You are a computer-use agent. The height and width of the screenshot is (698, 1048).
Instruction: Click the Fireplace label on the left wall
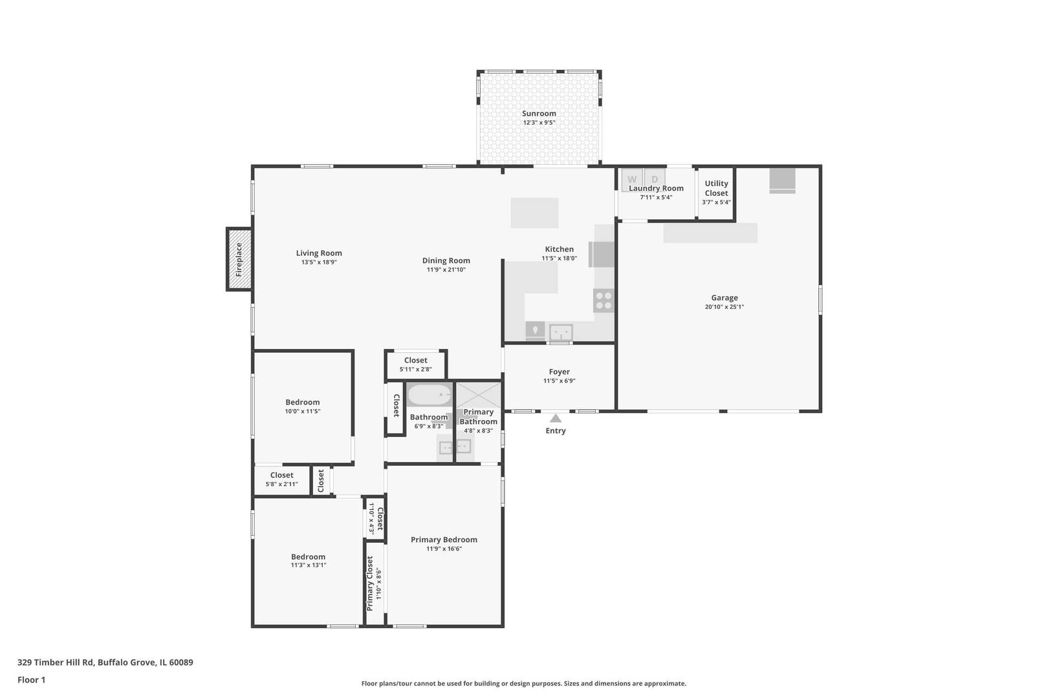[239, 259]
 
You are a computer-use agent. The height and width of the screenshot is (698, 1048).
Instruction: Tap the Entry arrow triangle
[555, 418]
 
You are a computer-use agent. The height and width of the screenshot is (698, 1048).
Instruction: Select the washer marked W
[632, 180]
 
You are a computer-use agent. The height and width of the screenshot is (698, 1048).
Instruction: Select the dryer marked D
[655, 180]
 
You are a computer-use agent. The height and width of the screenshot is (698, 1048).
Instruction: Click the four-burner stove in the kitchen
[604, 300]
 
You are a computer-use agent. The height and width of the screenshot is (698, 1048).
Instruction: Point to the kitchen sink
[561, 332]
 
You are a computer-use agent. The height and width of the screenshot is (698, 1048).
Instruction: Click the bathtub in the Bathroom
[430, 395]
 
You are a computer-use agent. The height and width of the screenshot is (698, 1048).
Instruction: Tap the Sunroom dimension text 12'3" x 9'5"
[539, 123]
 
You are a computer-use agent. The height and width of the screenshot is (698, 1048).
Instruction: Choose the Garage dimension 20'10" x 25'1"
[725, 307]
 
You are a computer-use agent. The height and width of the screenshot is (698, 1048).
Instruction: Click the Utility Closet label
[716, 189]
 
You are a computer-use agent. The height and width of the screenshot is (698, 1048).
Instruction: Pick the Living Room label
[319, 253]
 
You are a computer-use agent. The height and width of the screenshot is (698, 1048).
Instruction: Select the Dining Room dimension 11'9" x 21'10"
[446, 270]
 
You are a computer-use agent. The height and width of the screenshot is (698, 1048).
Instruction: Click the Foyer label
[559, 372]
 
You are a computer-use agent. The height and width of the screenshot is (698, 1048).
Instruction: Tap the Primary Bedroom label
[444, 540]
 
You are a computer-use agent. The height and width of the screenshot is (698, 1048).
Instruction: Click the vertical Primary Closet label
[369, 584]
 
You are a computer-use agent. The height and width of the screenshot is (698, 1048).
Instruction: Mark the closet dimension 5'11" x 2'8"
[415, 369]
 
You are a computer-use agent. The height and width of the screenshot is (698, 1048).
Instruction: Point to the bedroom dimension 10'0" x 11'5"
[303, 412]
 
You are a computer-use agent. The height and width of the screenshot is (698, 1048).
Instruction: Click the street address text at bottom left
[105, 662]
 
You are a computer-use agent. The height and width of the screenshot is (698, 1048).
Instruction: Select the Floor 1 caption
[31, 680]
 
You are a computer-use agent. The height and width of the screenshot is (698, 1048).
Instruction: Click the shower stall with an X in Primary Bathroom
[478, 395]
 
